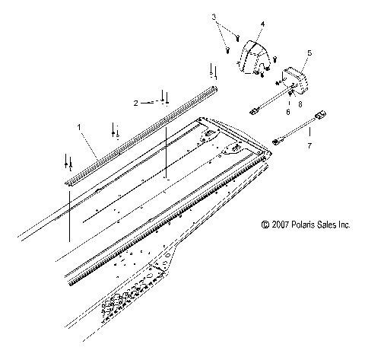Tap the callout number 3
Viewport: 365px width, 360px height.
[x=214, y=16]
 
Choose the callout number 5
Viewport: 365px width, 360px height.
[x=309, y=53]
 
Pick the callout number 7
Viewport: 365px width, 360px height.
[x=308, y=144]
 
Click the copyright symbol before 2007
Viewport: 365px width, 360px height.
[x=265, y=225]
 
